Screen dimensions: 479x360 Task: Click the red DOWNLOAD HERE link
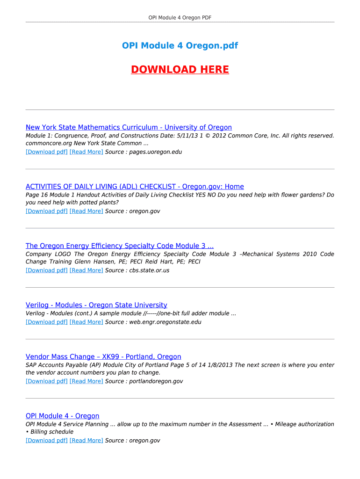point(180,70)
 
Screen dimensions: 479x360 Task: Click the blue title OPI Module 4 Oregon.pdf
point(180,45)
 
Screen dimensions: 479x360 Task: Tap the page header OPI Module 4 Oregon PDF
point(180,18)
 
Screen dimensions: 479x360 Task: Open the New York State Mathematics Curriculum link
point(129,127)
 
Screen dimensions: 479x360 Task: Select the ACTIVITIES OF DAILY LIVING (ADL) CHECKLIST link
point(135,187)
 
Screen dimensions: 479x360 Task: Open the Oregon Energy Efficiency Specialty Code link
point(120,246)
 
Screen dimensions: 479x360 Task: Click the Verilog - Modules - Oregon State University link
point(96,305)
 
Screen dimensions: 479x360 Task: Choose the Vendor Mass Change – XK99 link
point(103,357)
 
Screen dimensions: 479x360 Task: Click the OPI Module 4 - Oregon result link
point(63,416)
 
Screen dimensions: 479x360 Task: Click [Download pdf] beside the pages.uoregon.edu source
point(47,152)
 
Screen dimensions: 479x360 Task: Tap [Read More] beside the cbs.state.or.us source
point(86,270)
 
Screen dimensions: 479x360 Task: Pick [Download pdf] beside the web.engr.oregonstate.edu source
point(47,322)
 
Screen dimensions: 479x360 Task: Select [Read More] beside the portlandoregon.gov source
point(86,381)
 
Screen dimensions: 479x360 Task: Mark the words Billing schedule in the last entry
point(52,432)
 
